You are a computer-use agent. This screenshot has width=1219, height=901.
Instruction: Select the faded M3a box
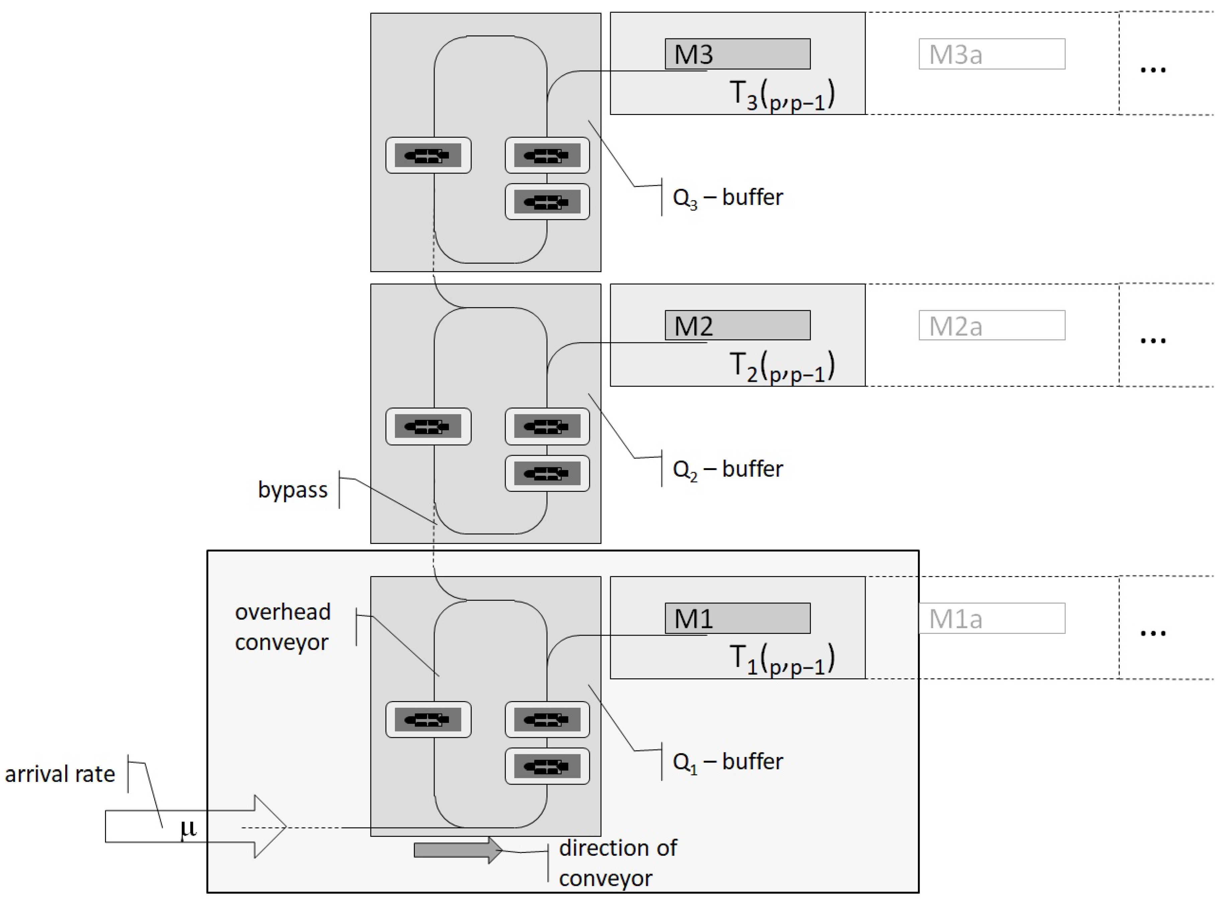pos(992,54)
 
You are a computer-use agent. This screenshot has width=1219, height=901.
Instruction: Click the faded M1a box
pos(992,618)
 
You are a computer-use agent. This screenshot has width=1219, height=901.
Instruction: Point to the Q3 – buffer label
pos(727,198)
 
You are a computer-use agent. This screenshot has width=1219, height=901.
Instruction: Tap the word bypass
pos(292,490)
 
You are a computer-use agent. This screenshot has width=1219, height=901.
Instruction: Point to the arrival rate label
pos(60,774)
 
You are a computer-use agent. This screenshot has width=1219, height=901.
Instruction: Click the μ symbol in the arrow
pos(188,828)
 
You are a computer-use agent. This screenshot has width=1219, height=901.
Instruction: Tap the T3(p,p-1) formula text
pos(781,95)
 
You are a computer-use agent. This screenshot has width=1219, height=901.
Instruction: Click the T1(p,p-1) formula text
pos(781,660)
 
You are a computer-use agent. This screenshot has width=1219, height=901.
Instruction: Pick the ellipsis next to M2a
pos(1152,341)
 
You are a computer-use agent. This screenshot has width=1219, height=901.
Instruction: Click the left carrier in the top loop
pos(428,155)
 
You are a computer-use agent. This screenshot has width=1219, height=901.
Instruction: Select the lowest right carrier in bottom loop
pos(547,766)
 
